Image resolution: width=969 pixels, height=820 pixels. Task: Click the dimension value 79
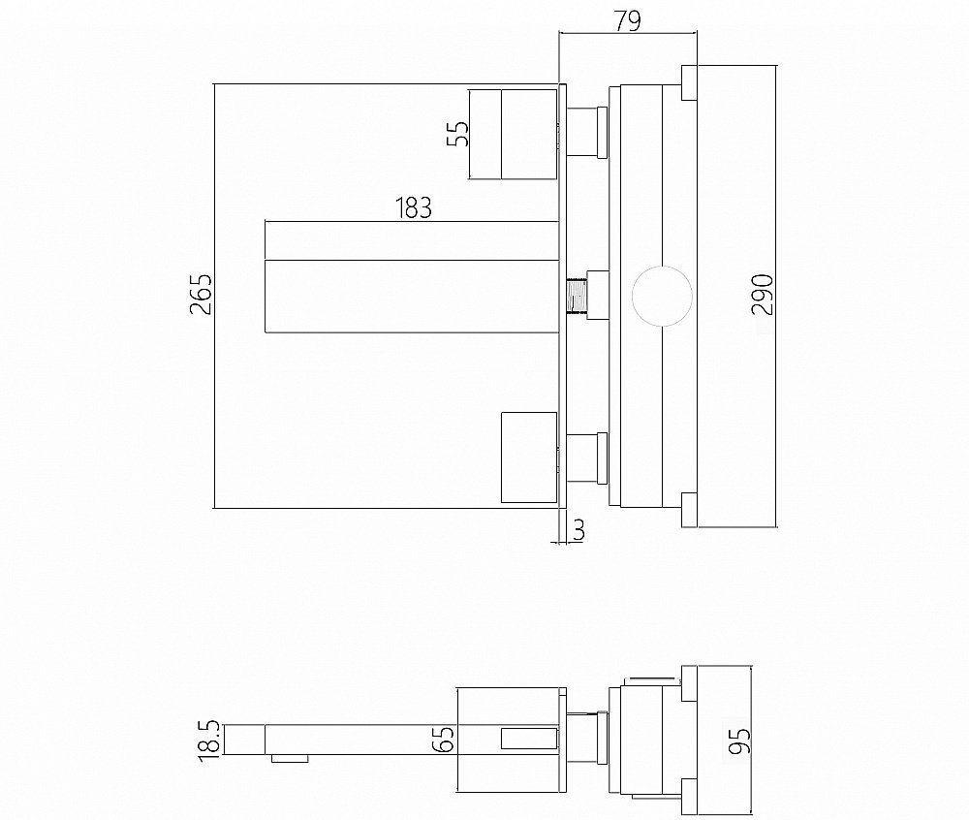point(628,19)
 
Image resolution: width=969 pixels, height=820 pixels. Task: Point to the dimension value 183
point(414,208)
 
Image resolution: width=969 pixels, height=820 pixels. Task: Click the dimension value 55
point(457,133)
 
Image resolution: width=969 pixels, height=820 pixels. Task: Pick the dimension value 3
point(578,529)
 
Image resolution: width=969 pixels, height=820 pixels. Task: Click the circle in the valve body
point(663,297)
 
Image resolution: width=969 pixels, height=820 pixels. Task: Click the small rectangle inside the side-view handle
point(528,741)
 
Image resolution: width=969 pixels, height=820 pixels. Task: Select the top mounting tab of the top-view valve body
point(689,83)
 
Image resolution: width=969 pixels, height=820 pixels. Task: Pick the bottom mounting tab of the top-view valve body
point(689,510)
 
